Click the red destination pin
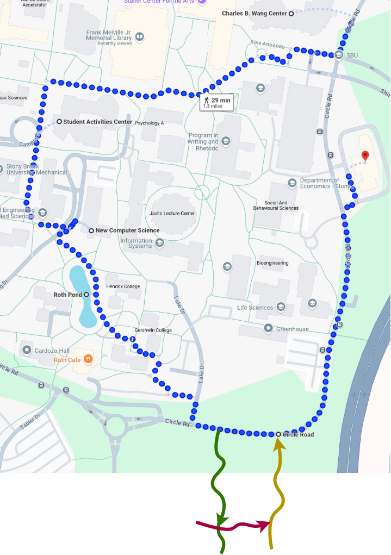(365, 156)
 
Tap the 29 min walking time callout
(217, 102)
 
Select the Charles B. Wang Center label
(254, 13)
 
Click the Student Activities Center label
(97, 122)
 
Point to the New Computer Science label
(127, 230)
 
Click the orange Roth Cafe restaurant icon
(88, 359)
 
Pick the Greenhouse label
(292, 329)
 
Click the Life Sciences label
(255, 308)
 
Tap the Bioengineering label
(272, 263)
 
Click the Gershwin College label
(153, 330)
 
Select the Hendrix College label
(123, 286)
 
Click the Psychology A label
(150, 123)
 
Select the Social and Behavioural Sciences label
(276, 205)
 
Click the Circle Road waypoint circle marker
(278, 434)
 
